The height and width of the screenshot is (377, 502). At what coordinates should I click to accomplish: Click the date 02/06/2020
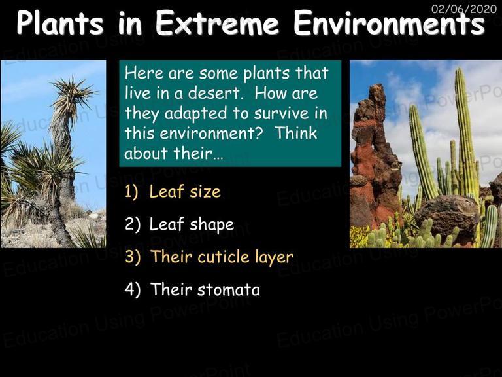point(464,9)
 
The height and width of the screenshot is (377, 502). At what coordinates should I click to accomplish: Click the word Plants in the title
point(60,23)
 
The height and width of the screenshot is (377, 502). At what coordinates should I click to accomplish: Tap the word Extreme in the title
point(217,23)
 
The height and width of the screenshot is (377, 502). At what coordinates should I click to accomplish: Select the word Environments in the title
point(390,23)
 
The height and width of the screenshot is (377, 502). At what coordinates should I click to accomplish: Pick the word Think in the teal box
point(295,133)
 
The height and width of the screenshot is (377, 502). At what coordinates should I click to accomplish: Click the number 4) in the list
point(133,289)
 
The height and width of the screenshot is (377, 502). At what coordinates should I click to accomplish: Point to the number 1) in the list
point(131,192)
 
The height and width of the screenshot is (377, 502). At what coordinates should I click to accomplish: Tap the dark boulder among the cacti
point(446,215)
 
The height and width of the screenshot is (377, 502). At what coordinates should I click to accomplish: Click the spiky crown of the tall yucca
point(72,96)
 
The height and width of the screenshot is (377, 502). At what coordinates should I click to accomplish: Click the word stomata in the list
point(228,290)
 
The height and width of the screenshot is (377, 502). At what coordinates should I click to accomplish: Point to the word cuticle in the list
point(223,257)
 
